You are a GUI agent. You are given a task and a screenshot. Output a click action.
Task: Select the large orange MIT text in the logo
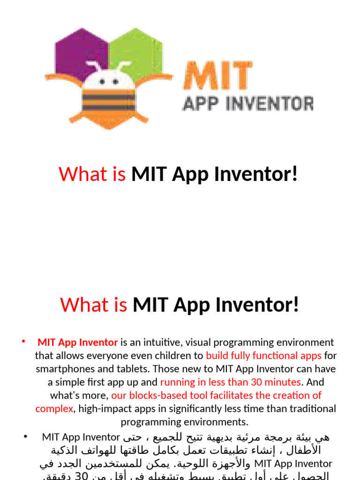(218, 76)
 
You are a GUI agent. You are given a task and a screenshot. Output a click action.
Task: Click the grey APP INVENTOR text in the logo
(247, 103)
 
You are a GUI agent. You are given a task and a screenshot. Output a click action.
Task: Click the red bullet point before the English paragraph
(23, 341)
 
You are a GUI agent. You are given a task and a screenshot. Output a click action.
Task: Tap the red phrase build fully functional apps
(263, 355)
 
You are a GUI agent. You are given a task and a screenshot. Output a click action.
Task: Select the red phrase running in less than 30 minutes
(230, 382)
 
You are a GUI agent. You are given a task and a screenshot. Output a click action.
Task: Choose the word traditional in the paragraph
(312, 408)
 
